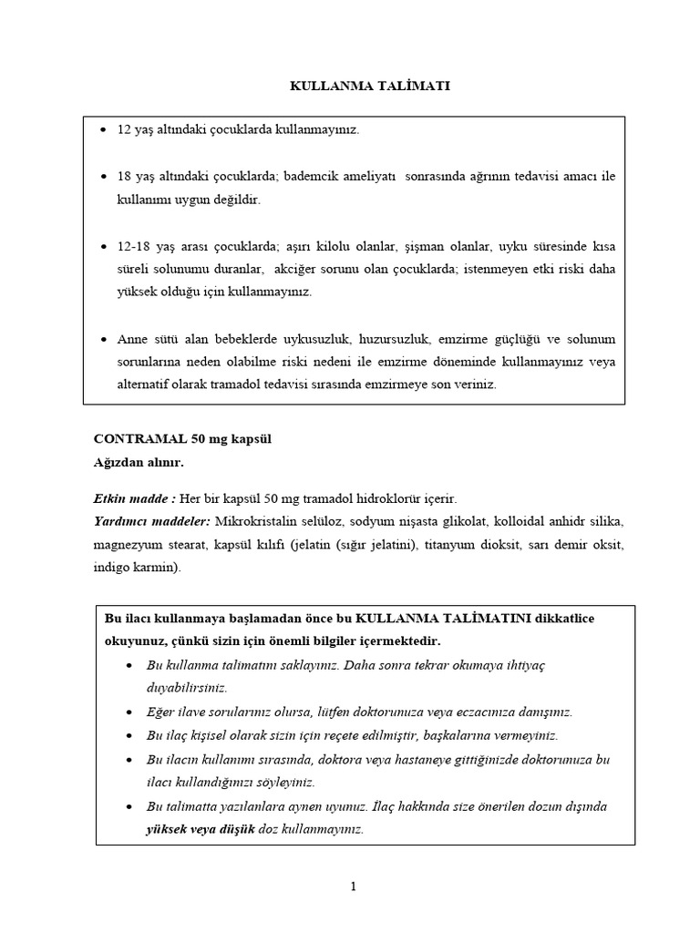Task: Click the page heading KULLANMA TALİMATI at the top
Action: [370, 86]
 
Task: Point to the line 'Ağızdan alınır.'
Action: [139, 463]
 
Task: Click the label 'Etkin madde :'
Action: [134, 498]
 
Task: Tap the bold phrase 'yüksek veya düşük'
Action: [201, 830]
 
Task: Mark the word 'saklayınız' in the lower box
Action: [293, 665]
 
